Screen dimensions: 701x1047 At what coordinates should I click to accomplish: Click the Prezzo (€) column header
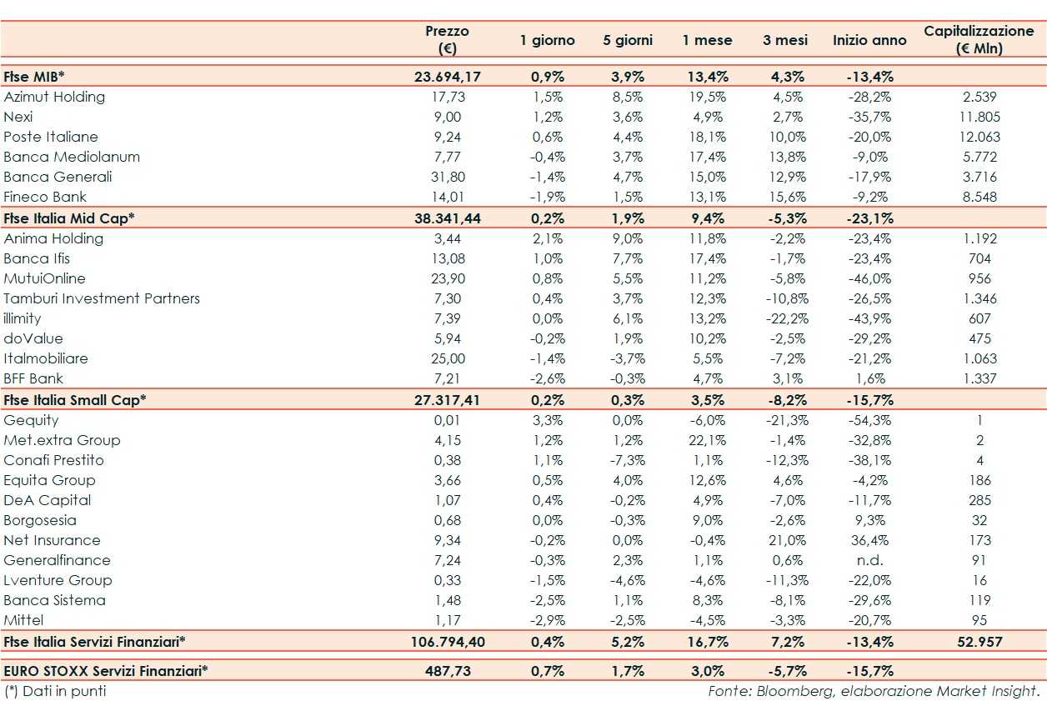[447, 39]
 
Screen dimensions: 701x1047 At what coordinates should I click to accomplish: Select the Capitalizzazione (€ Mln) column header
[979, 39]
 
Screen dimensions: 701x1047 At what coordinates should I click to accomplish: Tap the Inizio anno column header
[869, 40]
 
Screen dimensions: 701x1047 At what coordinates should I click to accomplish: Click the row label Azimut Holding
[54, 97]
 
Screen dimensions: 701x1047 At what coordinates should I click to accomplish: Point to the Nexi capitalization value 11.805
[979, 117]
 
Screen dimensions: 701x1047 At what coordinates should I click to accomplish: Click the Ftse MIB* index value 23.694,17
[448, 77]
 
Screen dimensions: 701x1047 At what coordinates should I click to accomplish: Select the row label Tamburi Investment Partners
[102, 298]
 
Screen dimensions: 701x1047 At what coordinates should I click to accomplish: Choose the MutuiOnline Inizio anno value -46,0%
[869, 278]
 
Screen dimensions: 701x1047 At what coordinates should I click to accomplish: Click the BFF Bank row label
[33, 378]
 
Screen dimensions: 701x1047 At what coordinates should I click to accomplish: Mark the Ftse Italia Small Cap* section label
[75, 399]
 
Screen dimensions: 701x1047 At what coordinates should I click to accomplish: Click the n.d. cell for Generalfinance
[869, 560]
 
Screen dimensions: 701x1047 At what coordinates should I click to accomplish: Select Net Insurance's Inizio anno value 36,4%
[870, 540]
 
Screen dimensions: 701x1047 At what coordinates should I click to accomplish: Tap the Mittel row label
[23, 620]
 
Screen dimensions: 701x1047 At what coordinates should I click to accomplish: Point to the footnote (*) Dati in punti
[55, 691]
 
